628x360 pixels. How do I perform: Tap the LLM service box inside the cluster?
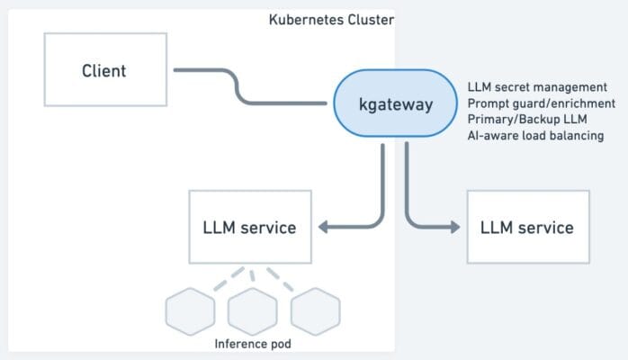tap(249, 227)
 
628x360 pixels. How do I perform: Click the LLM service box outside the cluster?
tap(527, 227)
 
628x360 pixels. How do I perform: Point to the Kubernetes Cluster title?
tap(331, 19)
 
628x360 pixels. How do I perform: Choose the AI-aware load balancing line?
tap(535, 136)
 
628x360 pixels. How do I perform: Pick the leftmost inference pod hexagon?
tap(191, 312)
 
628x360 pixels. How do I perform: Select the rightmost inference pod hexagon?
tap(314, 312)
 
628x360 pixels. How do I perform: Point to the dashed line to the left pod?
tap(222, 278)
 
